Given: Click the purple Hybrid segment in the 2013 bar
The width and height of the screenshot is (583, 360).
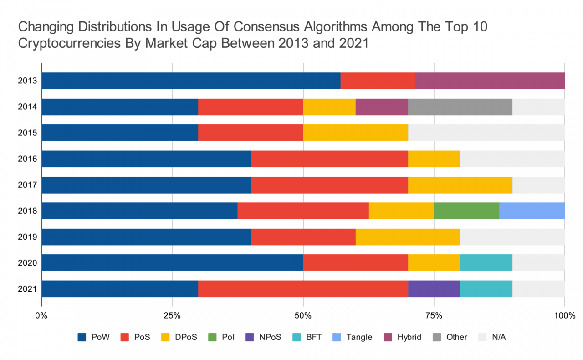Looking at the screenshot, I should (490, 81).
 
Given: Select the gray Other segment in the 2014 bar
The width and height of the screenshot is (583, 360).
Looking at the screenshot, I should (460, 107).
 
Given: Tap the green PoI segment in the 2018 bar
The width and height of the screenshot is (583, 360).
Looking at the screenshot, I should (466, 211).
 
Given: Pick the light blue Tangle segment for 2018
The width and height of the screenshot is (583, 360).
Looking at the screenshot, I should (532, 211).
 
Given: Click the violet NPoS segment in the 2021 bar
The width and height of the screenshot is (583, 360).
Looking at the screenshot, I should (434, 288).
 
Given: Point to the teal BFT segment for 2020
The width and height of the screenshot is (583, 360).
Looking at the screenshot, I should (486, 262).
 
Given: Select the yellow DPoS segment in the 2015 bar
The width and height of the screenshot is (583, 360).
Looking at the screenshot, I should (355, 133).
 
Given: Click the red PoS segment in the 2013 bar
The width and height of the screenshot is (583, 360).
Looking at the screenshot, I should (378, 81).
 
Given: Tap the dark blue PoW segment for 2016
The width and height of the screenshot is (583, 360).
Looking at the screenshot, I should (146, 159).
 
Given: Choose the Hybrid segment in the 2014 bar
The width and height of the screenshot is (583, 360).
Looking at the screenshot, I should (382, 107).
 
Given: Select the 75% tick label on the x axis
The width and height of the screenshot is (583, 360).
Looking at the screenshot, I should (434, 315).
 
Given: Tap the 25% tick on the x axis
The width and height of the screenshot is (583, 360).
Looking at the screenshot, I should (172, 315).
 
